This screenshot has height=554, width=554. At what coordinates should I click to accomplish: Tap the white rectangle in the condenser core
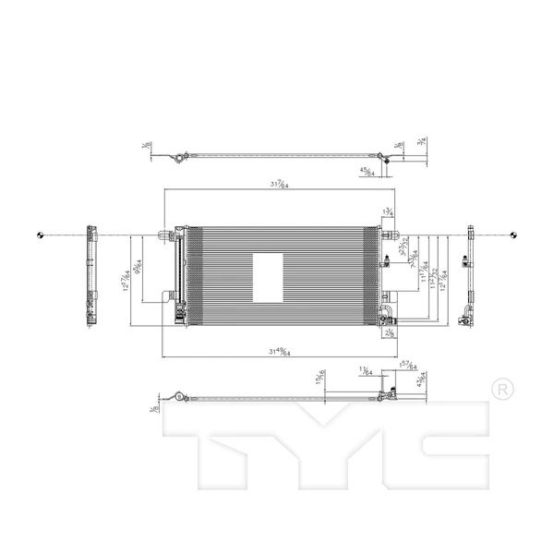[x=268, y=277]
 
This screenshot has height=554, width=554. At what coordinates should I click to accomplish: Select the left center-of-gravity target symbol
[x=38, y=235]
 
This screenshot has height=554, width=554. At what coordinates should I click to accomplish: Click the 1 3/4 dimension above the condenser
[x=388, y=211]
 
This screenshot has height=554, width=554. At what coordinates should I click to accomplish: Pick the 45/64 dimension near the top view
[x=367, y=172]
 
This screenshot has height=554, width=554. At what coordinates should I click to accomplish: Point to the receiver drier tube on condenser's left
[x=177, y=277]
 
